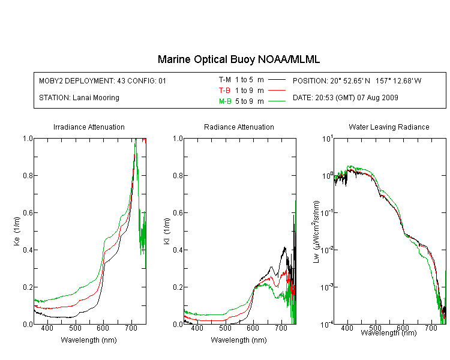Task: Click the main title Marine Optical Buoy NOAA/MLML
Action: click(x=238, y=59)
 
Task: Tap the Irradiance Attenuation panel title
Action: click(x=89, y=127)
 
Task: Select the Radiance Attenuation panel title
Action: click(x=239, y=127)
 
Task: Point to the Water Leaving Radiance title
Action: click(x=389, y=127)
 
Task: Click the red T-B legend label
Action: click(x=224, y=91)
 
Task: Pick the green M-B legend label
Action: click(x=225, y=101)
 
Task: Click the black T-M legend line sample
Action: click(x=277, y=80)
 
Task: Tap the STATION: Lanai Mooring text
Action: click(x=79, y=98)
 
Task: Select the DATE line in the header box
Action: click(x=345, y=98)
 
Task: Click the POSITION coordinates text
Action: click(x=357, y=80)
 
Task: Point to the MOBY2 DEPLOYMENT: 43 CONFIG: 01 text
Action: click(x=103, y=80)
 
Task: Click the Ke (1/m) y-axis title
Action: click(x=17, y=231)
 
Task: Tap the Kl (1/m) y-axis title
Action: click(x=167, y=231)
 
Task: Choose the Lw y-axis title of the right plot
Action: click(x=316, y=232)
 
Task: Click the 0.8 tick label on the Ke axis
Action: click(x=28, y=175)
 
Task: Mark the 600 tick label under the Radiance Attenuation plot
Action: click(x=253, y=328)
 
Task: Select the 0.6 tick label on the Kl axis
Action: click(x=178, y=213)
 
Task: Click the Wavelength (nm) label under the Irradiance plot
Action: click(x=89, y=340)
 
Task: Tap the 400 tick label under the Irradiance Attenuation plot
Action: click(x=47, y=328)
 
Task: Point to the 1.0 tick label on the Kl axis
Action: click(x=178, y=139)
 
